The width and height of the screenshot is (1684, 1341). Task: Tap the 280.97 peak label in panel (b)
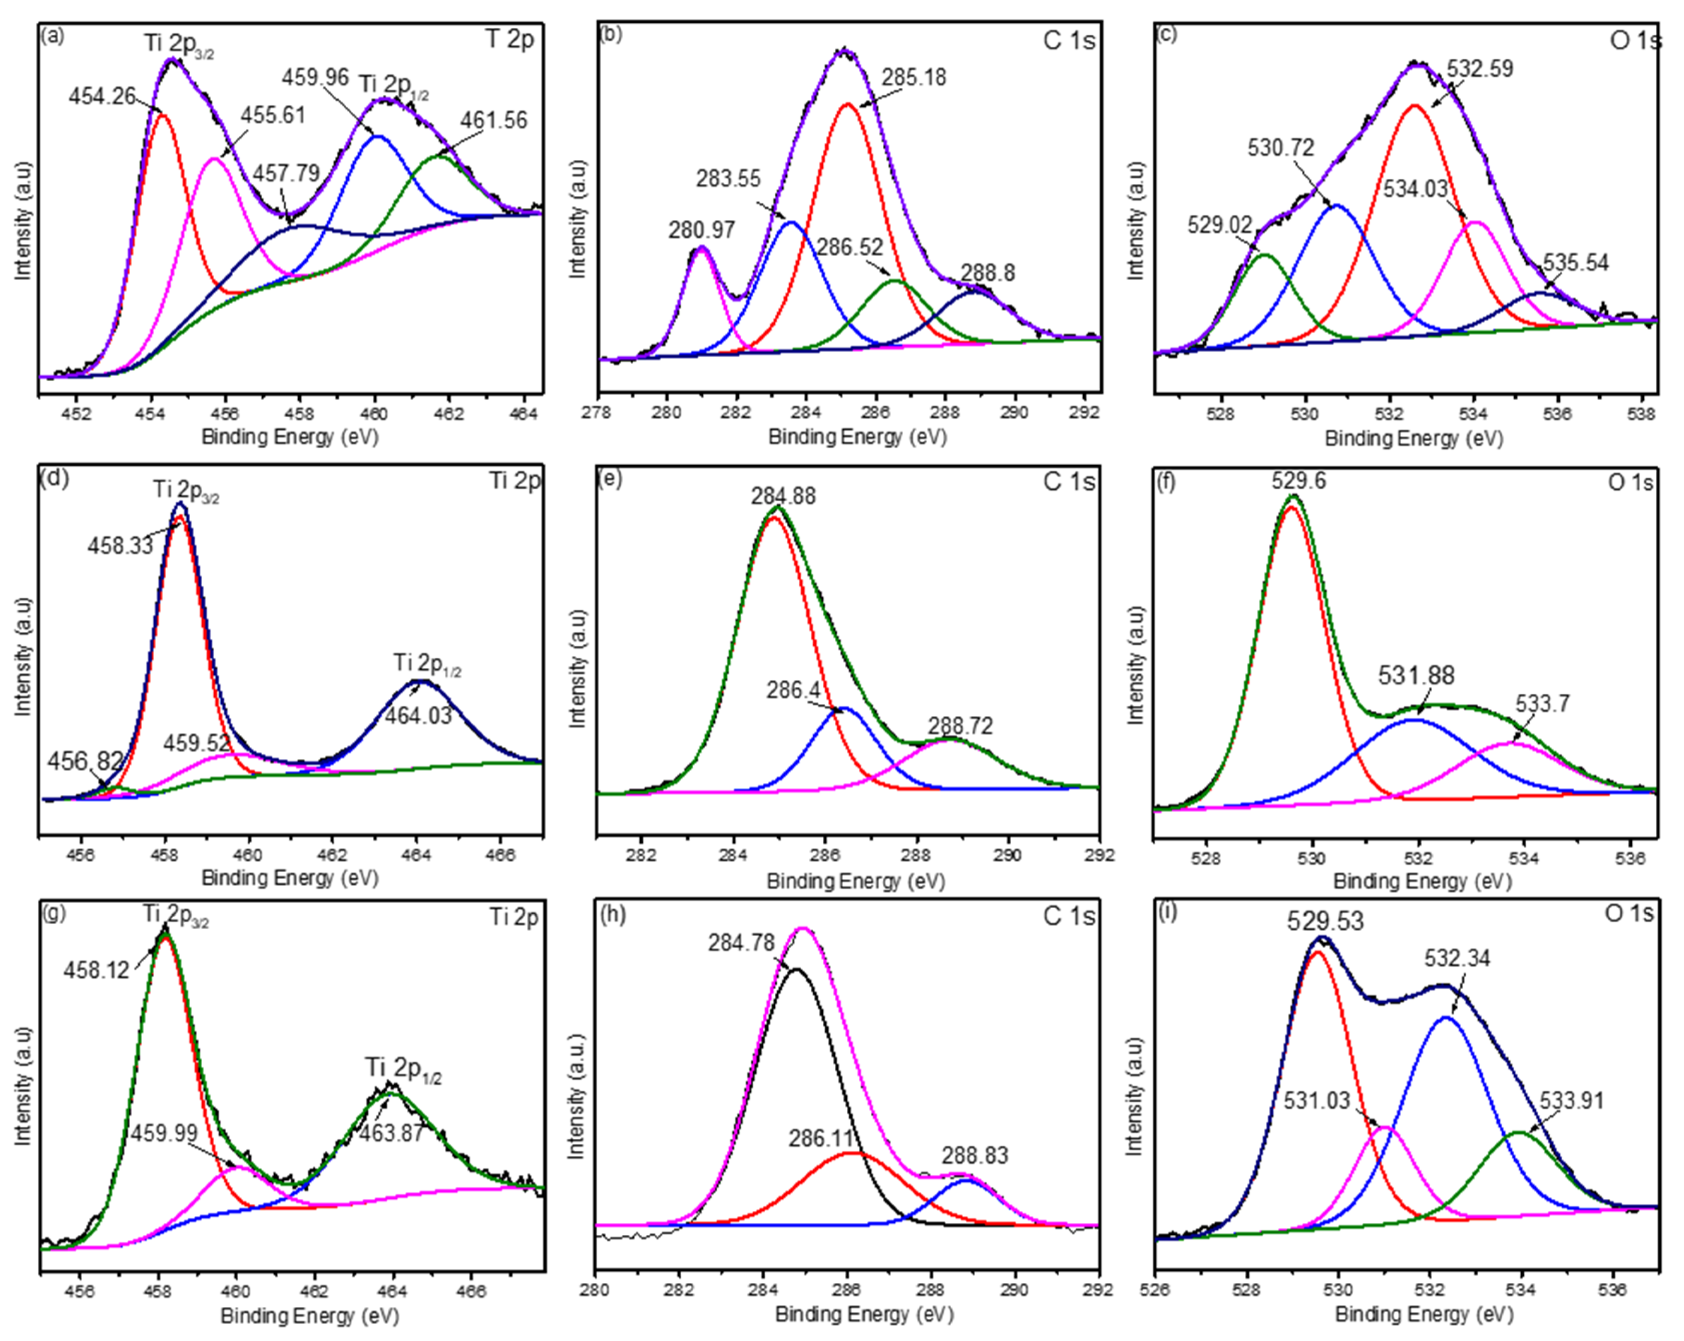click(701, 230)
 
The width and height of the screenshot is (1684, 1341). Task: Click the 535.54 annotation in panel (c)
click(1576, 263)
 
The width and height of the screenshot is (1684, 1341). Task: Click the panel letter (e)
click(608, 479)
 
